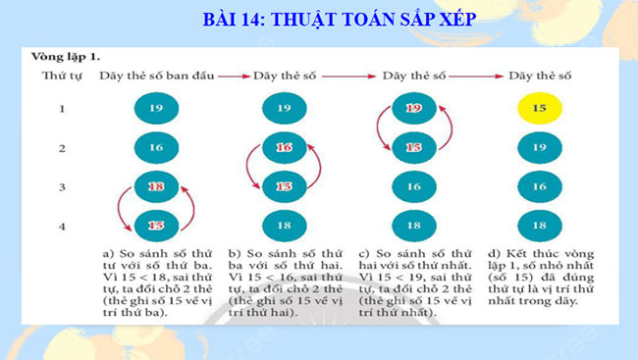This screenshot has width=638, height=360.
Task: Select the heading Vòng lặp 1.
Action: click(x=65, y=57)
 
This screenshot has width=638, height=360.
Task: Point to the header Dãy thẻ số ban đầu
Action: click(x=156, y=75)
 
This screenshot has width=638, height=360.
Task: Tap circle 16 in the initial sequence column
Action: click(x=155, y=147)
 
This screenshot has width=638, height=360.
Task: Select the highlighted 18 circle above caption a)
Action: click(x=155, y=186)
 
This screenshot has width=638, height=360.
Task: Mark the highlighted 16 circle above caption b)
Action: click(x=284, y=147)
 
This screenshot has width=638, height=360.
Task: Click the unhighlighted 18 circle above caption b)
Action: click(x=284, y=225)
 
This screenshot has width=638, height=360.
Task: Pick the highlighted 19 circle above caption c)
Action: click(x=413, y=109)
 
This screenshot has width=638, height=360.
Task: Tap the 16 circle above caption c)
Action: click(x=413, y=186)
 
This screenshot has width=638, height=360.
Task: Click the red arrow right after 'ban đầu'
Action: click(x=233, y=75)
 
